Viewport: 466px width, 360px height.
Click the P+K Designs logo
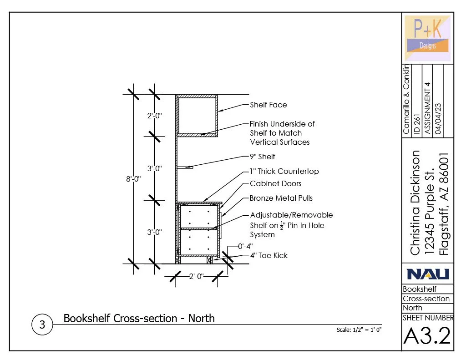pos(428,39)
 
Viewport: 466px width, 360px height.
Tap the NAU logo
pos(428,274)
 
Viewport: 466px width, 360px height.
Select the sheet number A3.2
pos(427,336)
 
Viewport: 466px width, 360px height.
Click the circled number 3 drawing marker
pos(42,325)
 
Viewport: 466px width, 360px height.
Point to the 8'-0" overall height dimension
pos(133,179)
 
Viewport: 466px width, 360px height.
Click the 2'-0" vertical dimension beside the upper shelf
pos(155,116)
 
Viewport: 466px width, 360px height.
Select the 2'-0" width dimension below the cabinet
pos(196,276)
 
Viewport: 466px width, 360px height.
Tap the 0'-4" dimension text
pos(245,246)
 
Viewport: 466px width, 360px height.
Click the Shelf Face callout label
pos(268,105)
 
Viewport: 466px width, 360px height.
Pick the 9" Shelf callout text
pos(262,157)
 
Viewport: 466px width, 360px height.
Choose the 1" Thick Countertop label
pos(284,171)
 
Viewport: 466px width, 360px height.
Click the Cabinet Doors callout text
pos(276,183)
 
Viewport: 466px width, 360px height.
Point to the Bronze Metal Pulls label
pos(281,198)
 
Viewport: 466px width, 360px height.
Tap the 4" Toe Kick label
pos(268,255)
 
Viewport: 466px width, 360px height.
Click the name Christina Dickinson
pos(415,203)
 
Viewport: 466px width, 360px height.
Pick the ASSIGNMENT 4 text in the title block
pos(427,108)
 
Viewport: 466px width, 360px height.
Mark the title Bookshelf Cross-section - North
pos(139,318)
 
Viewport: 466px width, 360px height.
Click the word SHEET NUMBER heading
pos(428,318)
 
